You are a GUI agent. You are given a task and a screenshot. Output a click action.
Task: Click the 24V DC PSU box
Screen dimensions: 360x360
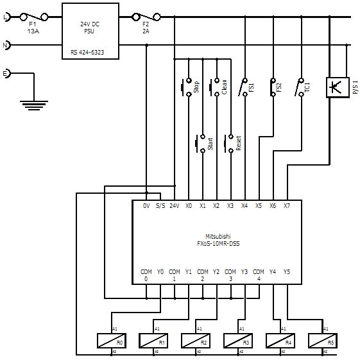tap(90, 31)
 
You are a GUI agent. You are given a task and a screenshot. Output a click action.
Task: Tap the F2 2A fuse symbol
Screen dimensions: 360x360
tap(144, 17)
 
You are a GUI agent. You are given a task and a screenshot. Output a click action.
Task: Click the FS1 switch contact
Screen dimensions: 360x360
tap(244, 87)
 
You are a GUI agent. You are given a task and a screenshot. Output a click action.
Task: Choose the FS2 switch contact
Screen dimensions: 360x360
tap(272, 87)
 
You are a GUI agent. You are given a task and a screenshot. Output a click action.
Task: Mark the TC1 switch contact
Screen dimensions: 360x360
tap(300, 87)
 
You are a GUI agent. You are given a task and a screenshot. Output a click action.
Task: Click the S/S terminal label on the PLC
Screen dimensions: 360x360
tap(160, 206)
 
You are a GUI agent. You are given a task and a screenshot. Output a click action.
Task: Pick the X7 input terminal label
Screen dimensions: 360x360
tap(286, 206)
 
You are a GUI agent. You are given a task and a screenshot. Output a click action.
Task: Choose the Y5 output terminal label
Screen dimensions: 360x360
tap(286, 271)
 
